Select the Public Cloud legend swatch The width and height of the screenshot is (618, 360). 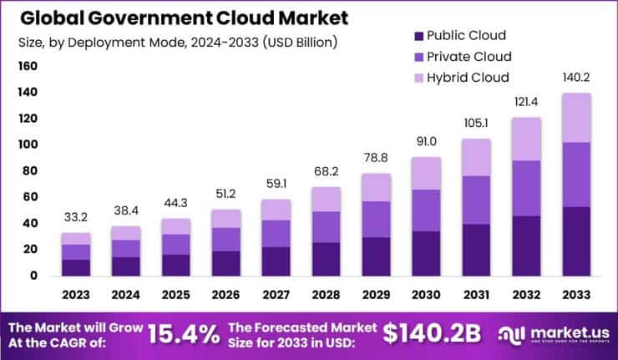pos(418,36)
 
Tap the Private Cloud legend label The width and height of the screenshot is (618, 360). pos(469,57)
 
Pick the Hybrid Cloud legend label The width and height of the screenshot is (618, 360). pos(468,78)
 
